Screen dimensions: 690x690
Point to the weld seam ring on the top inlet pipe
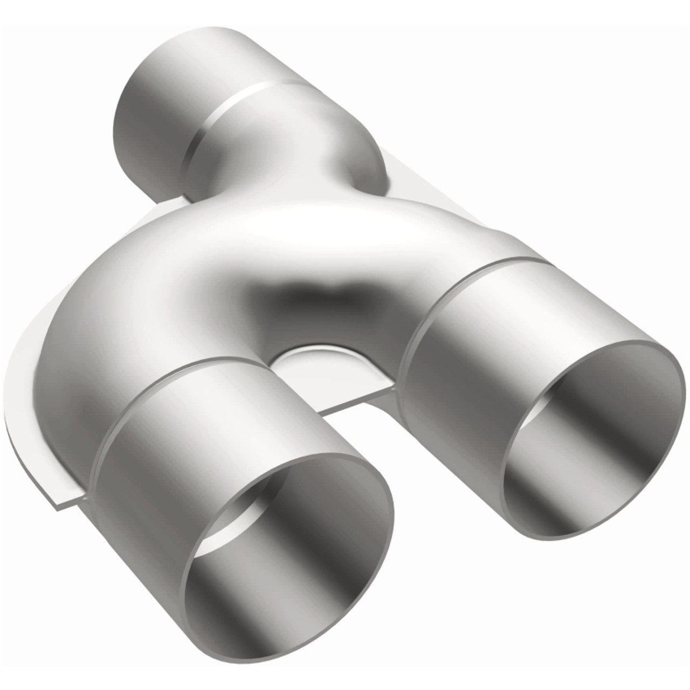click(237, 108)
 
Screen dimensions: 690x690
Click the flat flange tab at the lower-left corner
click(59, 496)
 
